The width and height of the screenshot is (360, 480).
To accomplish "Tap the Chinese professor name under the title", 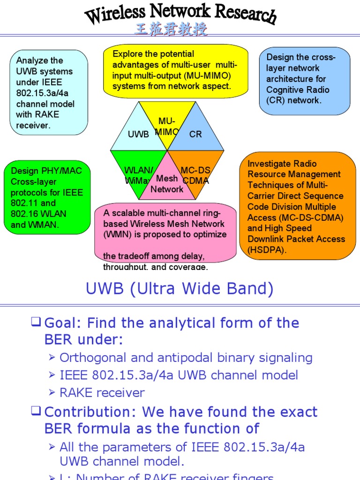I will point(171,30).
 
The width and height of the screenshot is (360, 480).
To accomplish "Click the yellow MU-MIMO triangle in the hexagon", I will point(167,123).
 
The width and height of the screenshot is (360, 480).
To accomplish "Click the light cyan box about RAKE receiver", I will point(49,92).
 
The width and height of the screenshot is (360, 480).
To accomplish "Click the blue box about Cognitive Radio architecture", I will point(304,80).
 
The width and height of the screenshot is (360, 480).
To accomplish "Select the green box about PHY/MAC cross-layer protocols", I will point(47,197).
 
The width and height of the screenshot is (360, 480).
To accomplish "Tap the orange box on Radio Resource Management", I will point(297,206).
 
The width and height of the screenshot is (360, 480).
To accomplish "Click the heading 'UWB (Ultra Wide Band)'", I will point(180,289).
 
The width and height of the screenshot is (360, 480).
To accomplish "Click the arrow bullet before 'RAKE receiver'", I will point(52,393).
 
